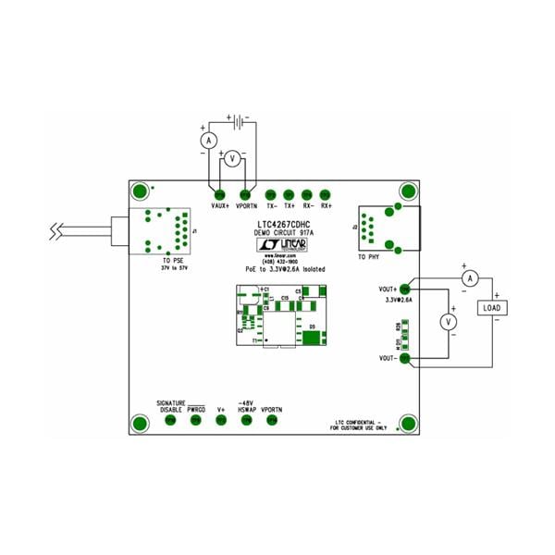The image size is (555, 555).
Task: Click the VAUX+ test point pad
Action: tap(220, 194)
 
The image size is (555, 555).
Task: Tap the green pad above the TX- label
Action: tap(271, 194)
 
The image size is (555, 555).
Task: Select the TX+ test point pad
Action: tap(290, 194)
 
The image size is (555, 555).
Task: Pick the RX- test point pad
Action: tap(307, 194)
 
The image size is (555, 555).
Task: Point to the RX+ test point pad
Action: tap(326, 194)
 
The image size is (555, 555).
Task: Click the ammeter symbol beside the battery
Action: tap(209, 140)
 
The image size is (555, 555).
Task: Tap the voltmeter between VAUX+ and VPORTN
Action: tap(233, 159)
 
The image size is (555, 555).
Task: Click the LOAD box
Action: tap(492, 308)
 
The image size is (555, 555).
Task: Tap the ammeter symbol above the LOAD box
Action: tap(469, 277)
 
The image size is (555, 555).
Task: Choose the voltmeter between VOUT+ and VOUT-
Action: tap(448, 321)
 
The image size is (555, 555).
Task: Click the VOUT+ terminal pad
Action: tap(404, 290)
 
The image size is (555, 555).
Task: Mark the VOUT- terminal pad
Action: tap(404, 358)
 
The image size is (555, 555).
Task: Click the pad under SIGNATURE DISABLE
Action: tap(170, 422)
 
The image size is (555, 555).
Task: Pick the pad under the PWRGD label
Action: tap(196, 422)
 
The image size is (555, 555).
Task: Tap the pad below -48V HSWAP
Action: tap(246, 422)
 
